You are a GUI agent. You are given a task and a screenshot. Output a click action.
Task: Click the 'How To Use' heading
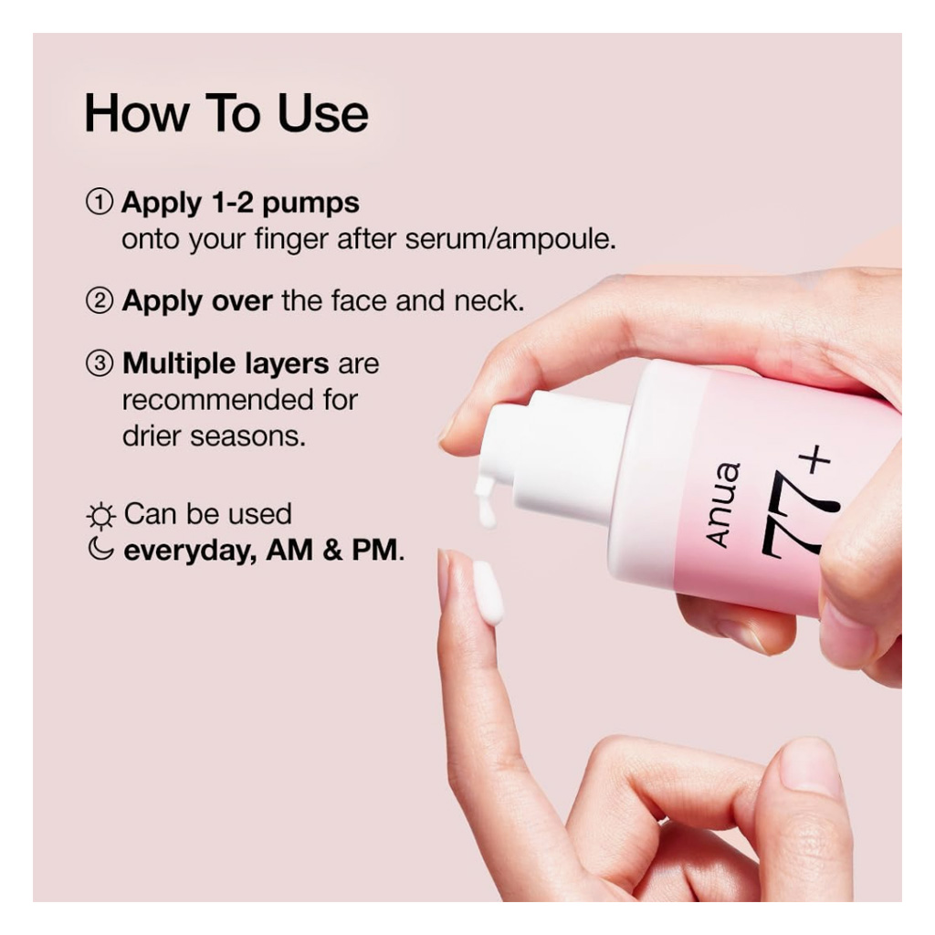[x=226, y=113]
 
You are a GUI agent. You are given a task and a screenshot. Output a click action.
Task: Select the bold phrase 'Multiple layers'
[x=226, y=364]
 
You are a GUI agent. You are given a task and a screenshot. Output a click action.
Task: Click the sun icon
[x=100, y=517]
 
